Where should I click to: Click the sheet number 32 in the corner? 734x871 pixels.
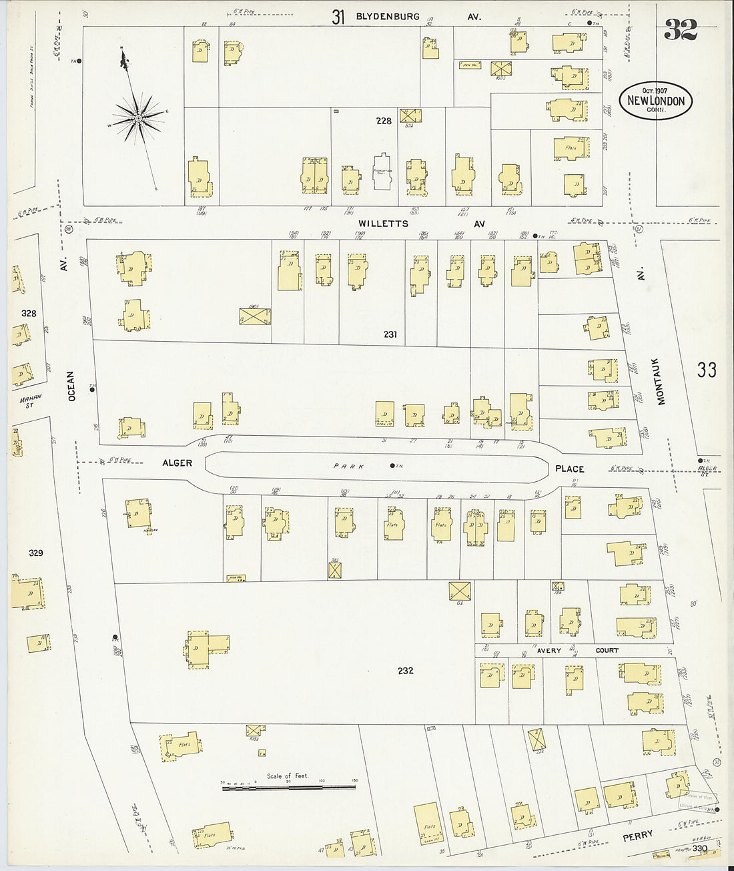coord(680,30)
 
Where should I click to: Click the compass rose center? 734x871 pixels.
coord(137,118)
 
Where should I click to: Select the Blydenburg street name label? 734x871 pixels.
coord(388,16)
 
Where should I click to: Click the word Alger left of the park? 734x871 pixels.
coord(177,463)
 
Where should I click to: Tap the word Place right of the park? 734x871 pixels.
coord(569,469)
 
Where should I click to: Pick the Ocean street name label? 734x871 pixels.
coord(71,386)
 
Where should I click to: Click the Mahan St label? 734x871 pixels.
coord(29,400)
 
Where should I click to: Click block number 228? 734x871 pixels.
coord(384,121)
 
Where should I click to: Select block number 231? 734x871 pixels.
coord(390,334)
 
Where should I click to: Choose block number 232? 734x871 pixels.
coord(405,670)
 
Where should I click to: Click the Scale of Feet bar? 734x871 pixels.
coord(288,788)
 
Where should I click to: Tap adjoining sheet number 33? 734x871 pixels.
coord(706,369)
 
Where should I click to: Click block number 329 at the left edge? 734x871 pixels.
coord(35,553)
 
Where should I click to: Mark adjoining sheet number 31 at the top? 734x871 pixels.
coord(338,17)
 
